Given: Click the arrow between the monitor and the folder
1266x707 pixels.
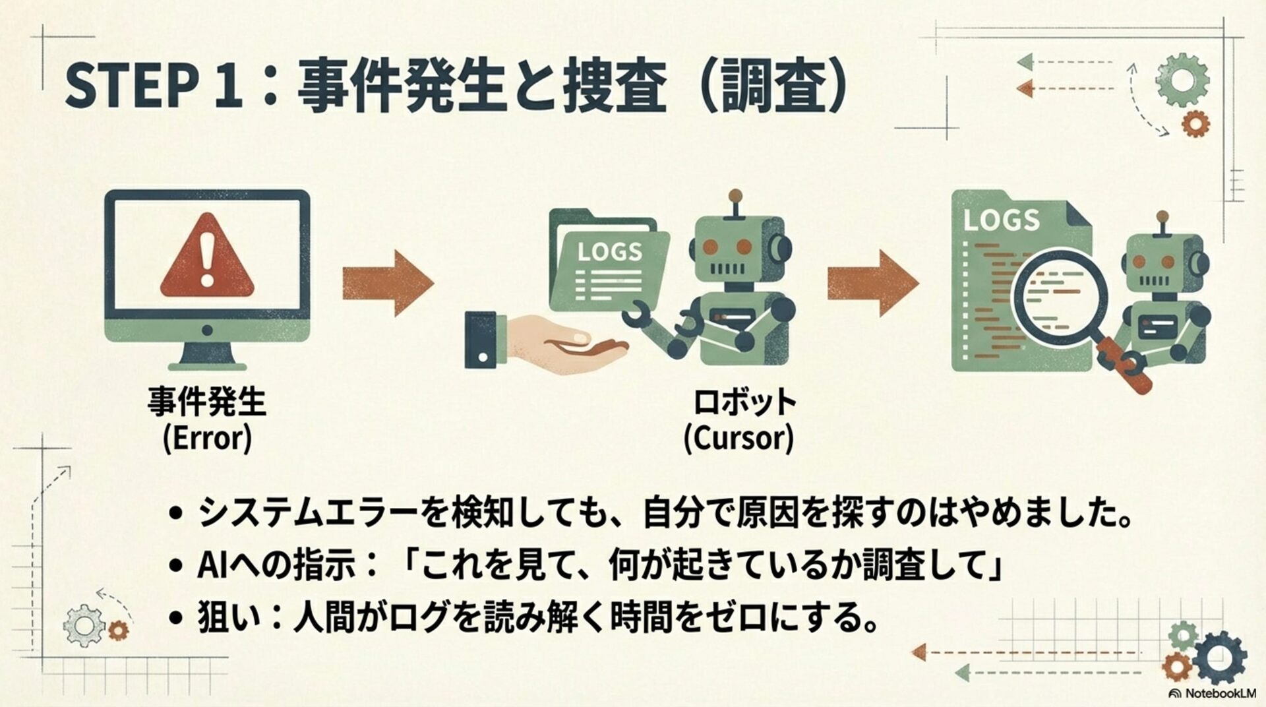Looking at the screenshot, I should pyautogui.click(x=388, y=283).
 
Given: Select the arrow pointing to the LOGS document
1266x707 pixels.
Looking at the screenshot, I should pyautogui.click(x=872, y=283).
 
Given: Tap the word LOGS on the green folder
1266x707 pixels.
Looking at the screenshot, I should pyautogui.click(x=609, y=251).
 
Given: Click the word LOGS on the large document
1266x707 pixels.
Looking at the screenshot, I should pyautogui.click(x=1001, y=220).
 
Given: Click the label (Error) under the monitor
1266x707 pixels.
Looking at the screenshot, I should pyautogui.click(x=207, y=438).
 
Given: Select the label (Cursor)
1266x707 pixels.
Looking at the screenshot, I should pyautogui.click(x=738, y=438).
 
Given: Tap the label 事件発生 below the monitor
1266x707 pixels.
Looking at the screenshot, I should pyautogui.click(x=207, y=402).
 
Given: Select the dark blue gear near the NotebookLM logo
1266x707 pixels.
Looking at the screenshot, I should pyautogui.click(x=1219, y=658).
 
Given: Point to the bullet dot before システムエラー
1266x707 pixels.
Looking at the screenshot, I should pyautogui.click(x=175, y=513).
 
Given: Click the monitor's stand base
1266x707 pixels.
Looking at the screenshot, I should pyautogui.click(x=207, y=365).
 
